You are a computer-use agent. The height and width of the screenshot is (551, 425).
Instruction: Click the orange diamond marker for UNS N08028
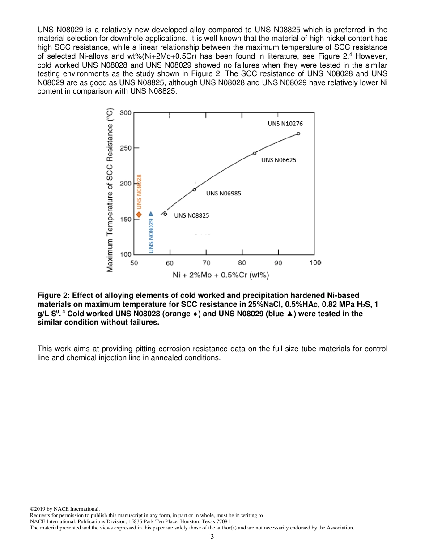(139, 215)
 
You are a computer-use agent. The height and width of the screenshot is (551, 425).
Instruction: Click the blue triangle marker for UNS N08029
(151, 214)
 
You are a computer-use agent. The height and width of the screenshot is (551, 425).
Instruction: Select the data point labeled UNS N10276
(298, 133)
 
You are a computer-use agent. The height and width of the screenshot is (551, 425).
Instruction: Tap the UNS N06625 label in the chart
(279, 160)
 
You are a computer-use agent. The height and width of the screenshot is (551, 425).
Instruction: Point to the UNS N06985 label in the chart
(223, 193)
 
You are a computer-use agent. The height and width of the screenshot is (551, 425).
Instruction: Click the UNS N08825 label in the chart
(191, 215)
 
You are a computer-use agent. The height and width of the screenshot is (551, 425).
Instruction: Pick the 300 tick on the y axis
(126, 113)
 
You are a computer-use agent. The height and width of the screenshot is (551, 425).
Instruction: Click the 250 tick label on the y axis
(126, 148)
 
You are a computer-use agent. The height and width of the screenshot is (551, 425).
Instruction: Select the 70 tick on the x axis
(206, 263)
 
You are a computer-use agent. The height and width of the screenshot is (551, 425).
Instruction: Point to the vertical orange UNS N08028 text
(139, 191)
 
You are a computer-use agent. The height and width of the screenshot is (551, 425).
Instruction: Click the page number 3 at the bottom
(212, 537)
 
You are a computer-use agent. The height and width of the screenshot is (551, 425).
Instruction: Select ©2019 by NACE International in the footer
(64, 509)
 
